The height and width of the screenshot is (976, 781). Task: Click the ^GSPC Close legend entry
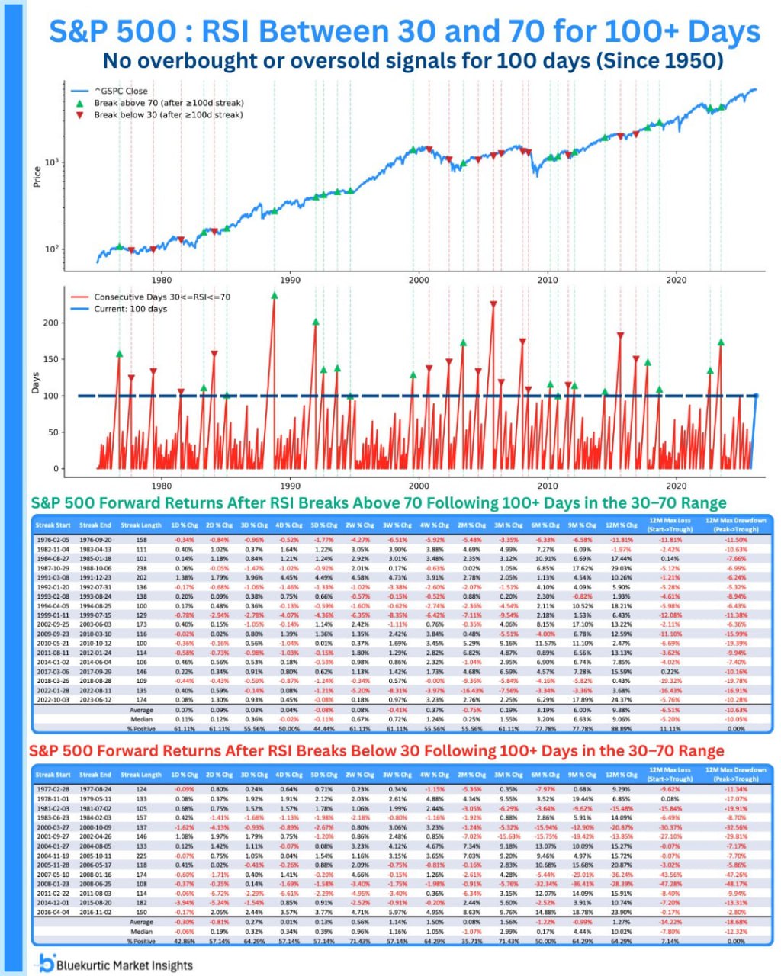click(121, 91)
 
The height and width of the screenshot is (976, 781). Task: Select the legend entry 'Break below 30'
click(168, 115)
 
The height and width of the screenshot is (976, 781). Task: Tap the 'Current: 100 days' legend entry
click(130, 309)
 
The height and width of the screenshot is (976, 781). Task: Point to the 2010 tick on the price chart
click(547, 280)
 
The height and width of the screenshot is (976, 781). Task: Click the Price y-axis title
click(37, 178)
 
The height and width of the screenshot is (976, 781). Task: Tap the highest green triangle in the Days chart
click(274, 295)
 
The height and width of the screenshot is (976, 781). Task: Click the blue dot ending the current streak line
click(756, 396)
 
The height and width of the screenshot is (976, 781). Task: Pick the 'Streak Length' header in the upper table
click(141, 525)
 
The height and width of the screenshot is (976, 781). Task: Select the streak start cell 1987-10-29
click(53, 568)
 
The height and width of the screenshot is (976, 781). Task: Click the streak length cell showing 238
click(141, 568)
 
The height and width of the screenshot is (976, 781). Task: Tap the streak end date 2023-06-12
click(95, 699)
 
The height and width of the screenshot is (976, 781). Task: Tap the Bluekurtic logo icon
click(47, 963)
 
